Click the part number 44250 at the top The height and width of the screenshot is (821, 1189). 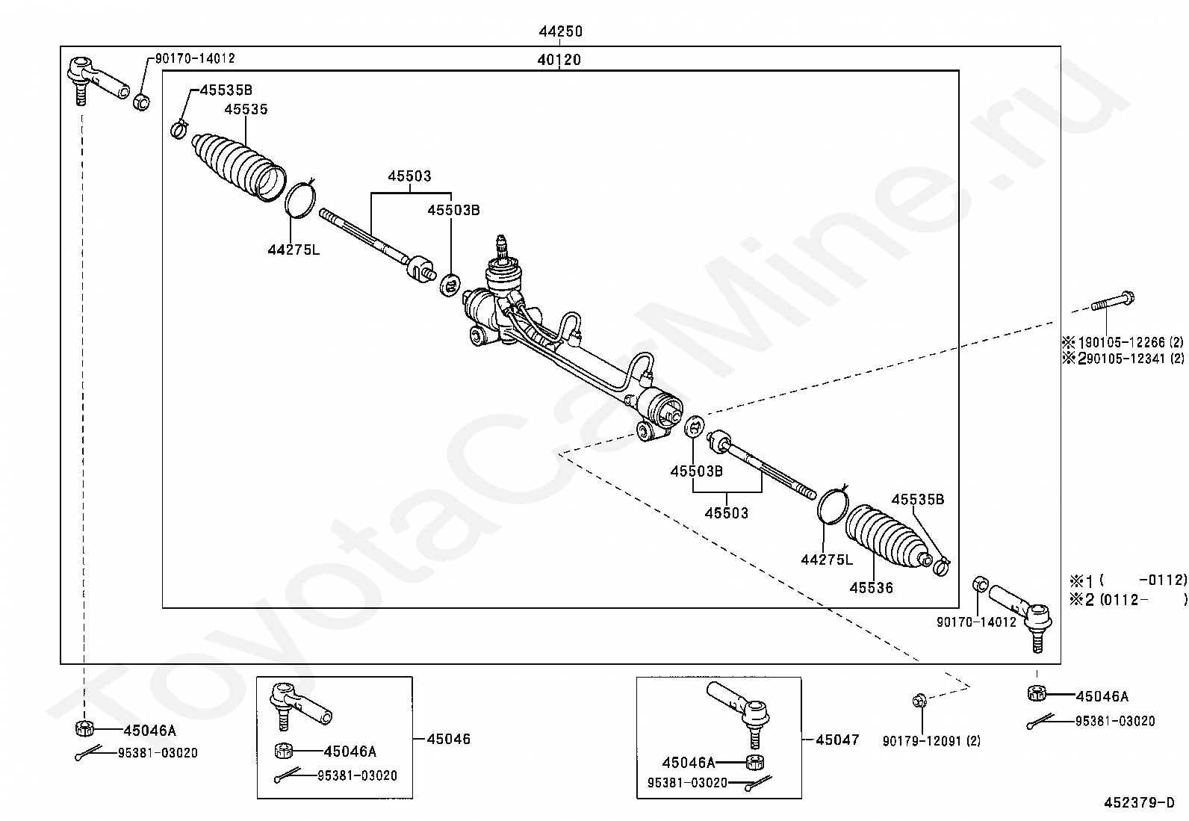pyautogui.click(x=560, y=31)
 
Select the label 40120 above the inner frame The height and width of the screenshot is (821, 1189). pyautogui.click(x=559, y=60)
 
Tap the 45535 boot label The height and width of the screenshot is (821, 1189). pyautogui.click(x=246, y=109)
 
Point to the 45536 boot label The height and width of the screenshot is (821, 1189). pyautogui.click(x=871, y=588)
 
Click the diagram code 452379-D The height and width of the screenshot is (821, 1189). pyautogui.click(x=1144, y=803)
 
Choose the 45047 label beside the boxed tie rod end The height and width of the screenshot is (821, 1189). pyautogui.click(x=837, y=740)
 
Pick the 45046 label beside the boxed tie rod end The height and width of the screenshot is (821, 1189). pyautogui.click(x=449, y=740)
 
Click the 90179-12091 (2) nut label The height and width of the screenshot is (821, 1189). pyautogui.click(x=931, y=741)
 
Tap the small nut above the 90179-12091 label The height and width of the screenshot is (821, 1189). pyautogui.click(x=919, y=700)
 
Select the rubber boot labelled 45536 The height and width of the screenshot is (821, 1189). pyautogui.click(x=887, y=537)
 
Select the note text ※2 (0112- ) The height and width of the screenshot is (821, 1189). pyautogui.click(x=1128, y=599)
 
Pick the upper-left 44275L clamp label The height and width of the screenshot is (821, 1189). pyautogui.click(x=294, y=250)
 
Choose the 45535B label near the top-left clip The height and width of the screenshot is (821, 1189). pyautogui.click(x=226, y=90)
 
